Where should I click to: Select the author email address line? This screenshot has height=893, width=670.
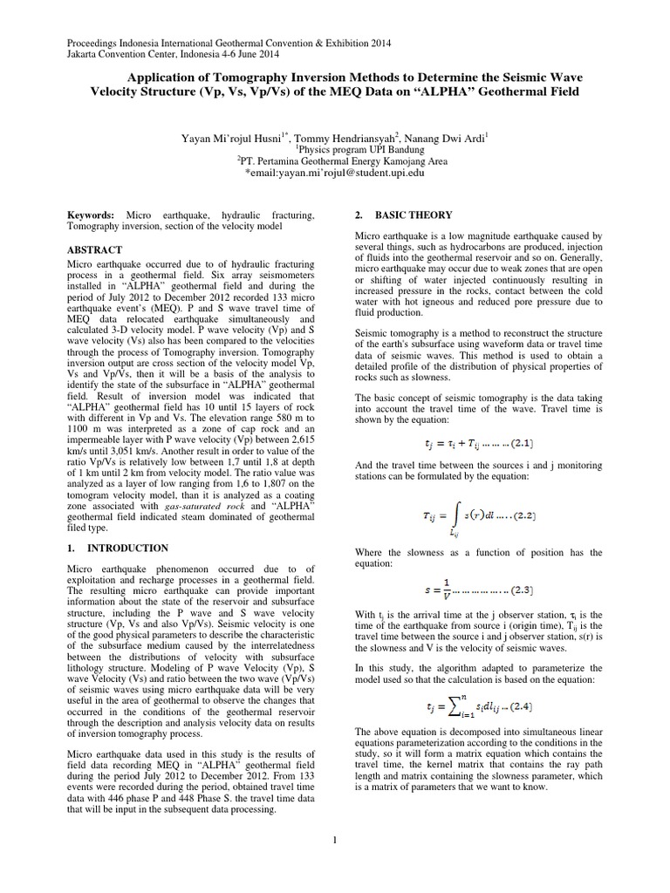[335, 173]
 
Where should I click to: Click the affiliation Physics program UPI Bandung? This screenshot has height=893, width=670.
[335, 149]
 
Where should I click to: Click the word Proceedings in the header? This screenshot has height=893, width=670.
[95, 43]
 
